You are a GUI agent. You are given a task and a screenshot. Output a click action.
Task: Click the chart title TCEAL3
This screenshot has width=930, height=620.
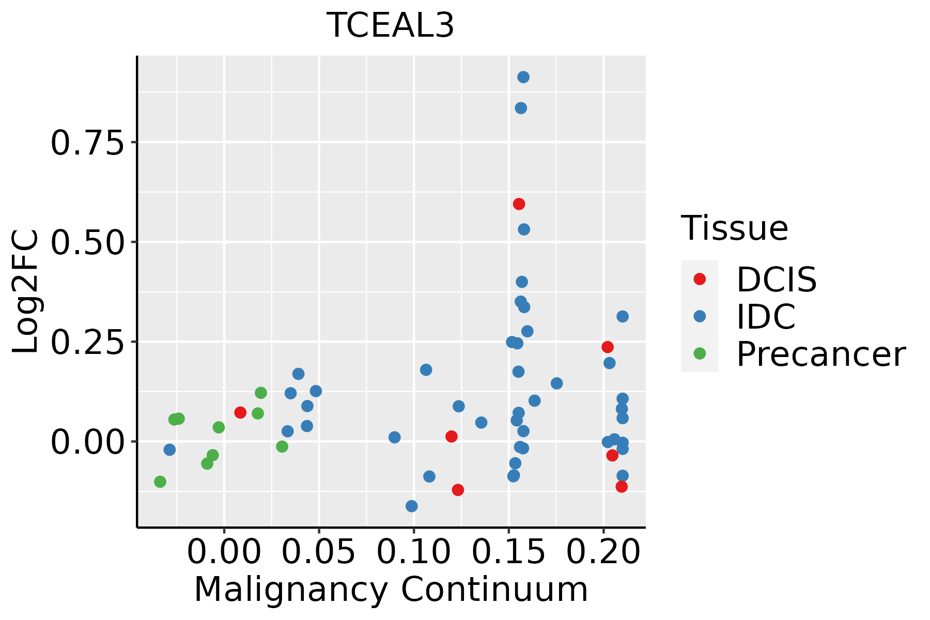point(391,26)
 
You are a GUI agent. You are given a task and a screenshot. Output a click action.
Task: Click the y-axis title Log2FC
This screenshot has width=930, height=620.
point(26,292)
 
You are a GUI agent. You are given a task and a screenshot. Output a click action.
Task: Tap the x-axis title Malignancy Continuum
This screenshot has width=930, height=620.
point(391,590)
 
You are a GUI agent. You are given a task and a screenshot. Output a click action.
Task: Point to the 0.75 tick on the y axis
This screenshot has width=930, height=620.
point(88,143)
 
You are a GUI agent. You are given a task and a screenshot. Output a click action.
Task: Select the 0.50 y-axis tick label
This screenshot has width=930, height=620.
point(88,242)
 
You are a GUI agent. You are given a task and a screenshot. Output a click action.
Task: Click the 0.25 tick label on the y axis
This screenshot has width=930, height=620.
point(88,343)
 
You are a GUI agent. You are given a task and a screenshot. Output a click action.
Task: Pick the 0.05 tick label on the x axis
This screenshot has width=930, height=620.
point(319,552)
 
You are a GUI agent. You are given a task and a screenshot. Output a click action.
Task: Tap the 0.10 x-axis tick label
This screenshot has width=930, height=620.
point(414,552)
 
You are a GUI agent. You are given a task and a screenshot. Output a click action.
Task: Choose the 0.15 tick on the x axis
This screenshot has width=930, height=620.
point(509,552)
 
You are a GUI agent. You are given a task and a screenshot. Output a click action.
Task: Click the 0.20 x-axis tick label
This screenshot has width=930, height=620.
point(604,552)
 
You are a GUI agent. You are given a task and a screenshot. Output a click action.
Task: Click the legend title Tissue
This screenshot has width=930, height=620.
point(735,228)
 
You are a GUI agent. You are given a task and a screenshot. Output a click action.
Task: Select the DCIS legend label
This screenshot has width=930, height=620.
point(776,280)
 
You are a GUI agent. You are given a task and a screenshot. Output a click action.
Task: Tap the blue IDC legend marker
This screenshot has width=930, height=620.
point(700,316)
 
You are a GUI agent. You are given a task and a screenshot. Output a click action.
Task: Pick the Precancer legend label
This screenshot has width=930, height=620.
point(820,354)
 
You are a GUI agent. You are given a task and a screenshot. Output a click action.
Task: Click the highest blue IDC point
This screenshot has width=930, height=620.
point(523,78)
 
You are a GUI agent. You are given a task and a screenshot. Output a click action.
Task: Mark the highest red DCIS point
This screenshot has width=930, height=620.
point(519,204)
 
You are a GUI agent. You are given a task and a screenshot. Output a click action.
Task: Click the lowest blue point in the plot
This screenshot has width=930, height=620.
point(412,506)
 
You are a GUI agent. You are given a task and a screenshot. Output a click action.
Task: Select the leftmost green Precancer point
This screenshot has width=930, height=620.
point(160,482)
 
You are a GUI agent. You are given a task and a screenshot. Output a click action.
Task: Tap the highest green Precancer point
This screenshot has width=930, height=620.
point(261,393)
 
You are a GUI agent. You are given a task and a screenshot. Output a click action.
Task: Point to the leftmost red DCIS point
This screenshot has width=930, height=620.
point(240,412)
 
